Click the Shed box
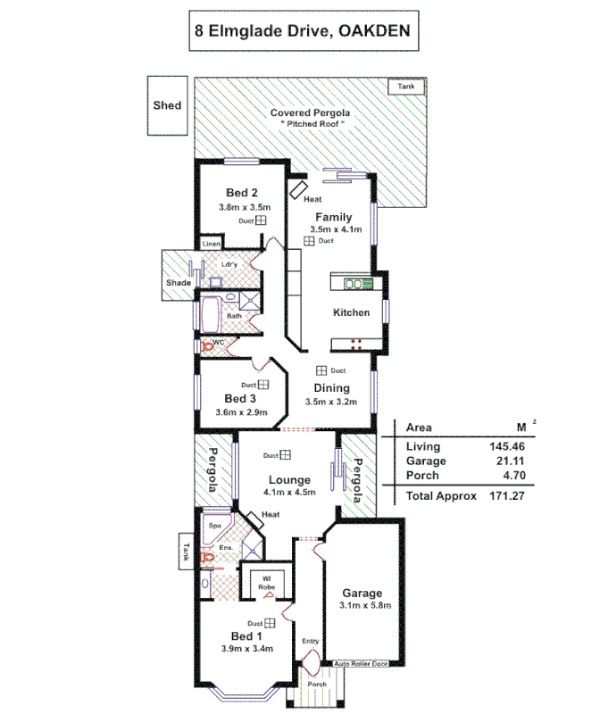click(167, 105)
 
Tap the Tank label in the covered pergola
click(406, 87)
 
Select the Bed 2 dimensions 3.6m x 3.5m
click(244, 206)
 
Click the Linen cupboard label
click(211, 244)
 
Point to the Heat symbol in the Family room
click(298, 191)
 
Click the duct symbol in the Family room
click(307, 241)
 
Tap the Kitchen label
click(351, 312)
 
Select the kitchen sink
click(359, 284)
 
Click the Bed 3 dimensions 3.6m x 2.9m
click(241, 412)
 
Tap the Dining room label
click(331, 388)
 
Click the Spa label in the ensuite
click(214, 526)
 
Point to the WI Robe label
click(266, 583)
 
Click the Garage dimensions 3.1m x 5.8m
click(361, 607)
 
